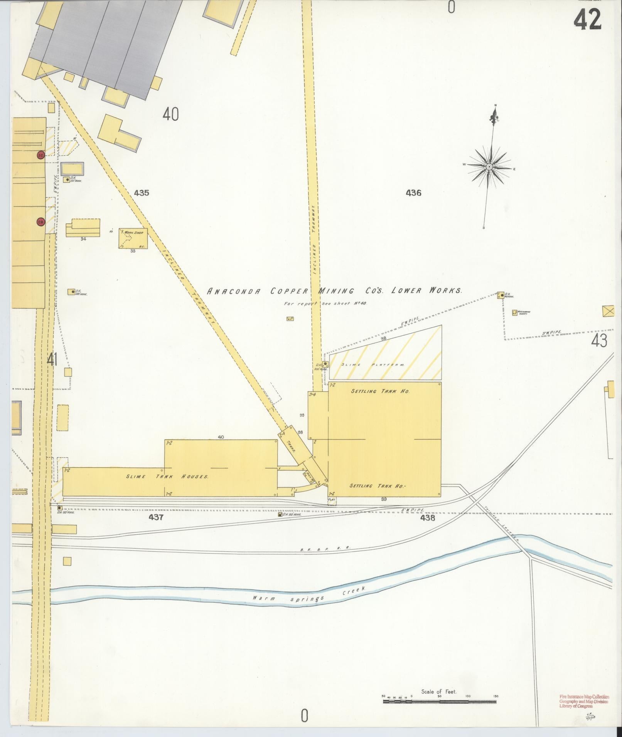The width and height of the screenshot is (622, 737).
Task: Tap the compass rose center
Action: pos(489,166)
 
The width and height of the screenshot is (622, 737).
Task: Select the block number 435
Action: pos(142,193)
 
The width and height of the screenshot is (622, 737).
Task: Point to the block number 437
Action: pos(156,517)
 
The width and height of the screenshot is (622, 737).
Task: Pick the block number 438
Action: pos(428,518)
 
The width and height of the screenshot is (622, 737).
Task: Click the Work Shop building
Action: pos(133,238)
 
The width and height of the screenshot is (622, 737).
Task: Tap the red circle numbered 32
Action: pos(40,155)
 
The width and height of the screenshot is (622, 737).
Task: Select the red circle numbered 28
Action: pos(41,222)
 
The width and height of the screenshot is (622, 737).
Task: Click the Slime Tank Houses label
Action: pos(167,477)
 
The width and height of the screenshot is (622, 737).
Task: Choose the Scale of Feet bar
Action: pos(439,702)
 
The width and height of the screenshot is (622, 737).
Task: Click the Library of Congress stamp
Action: pos(584,702)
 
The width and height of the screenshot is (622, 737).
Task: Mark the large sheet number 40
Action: pos(170,114)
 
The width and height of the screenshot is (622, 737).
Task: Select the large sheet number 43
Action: pos(599,341)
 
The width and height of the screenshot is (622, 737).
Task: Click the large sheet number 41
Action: pos(52,360)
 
